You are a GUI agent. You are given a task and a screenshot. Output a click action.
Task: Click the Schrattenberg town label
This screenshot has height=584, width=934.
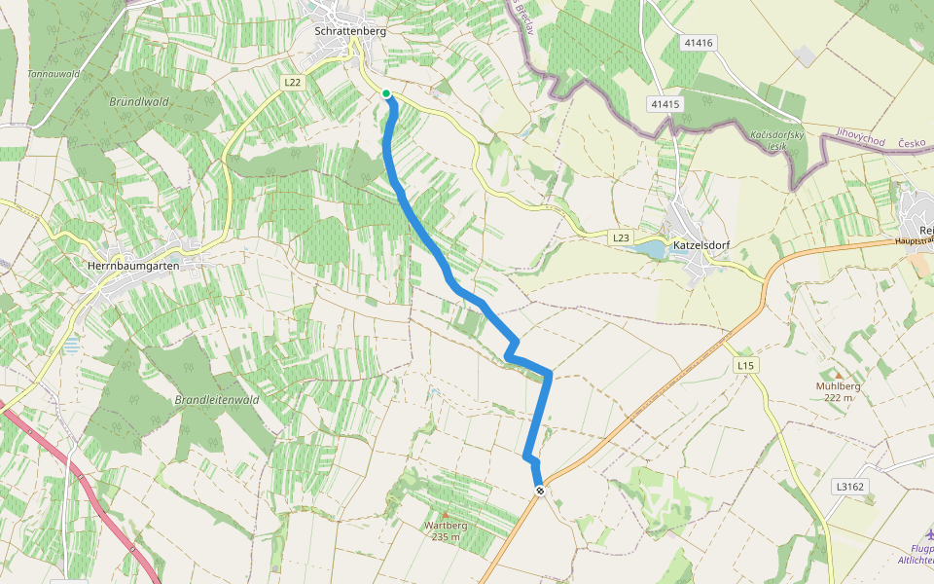pyautogui.click(x=351, y=31)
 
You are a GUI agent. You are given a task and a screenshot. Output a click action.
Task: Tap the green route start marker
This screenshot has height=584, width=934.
pyautogui.click(x=386, y=93)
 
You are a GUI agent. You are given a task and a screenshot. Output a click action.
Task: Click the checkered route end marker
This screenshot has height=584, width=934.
pyautogui.click(x=539, y=491)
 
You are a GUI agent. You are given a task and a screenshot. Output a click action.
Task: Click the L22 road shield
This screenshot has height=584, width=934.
pyautogui.click(x=294, y=83)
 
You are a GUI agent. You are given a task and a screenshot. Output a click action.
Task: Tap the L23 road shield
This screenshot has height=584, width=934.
pyautogui.click(x=622, y=237)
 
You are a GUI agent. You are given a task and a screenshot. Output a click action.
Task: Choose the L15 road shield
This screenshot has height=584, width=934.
pyautogui.click(x=745, y=365)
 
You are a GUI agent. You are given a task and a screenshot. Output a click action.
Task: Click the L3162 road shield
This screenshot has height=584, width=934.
pyautogui.click(x=849, y=486)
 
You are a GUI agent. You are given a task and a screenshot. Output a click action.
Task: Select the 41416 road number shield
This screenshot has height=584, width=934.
pyautogui.click(x=699, y=43)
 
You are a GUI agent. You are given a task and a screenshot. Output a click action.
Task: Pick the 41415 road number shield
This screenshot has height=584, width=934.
pyautogui.click(x=666, y=104)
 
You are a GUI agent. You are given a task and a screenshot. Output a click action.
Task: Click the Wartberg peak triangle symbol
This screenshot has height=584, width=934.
pyautogui.click(x=446, y=514)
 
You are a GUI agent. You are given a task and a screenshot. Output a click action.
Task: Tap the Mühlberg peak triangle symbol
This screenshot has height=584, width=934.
pyautogui.click(x=838, y=374)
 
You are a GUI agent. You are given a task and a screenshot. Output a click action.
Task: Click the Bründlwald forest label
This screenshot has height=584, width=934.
pyautogui.click(x=140, y=100)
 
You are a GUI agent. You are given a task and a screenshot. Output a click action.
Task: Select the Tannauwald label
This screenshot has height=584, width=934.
pyautogui.click(x=53, y=74)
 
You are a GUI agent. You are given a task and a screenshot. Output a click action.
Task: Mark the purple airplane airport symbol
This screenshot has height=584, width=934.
pyautogui.click(x=929, y=534)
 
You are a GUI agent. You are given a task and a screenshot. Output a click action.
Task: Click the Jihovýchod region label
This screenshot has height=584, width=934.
pyautogui.click(x=862, y=140)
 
